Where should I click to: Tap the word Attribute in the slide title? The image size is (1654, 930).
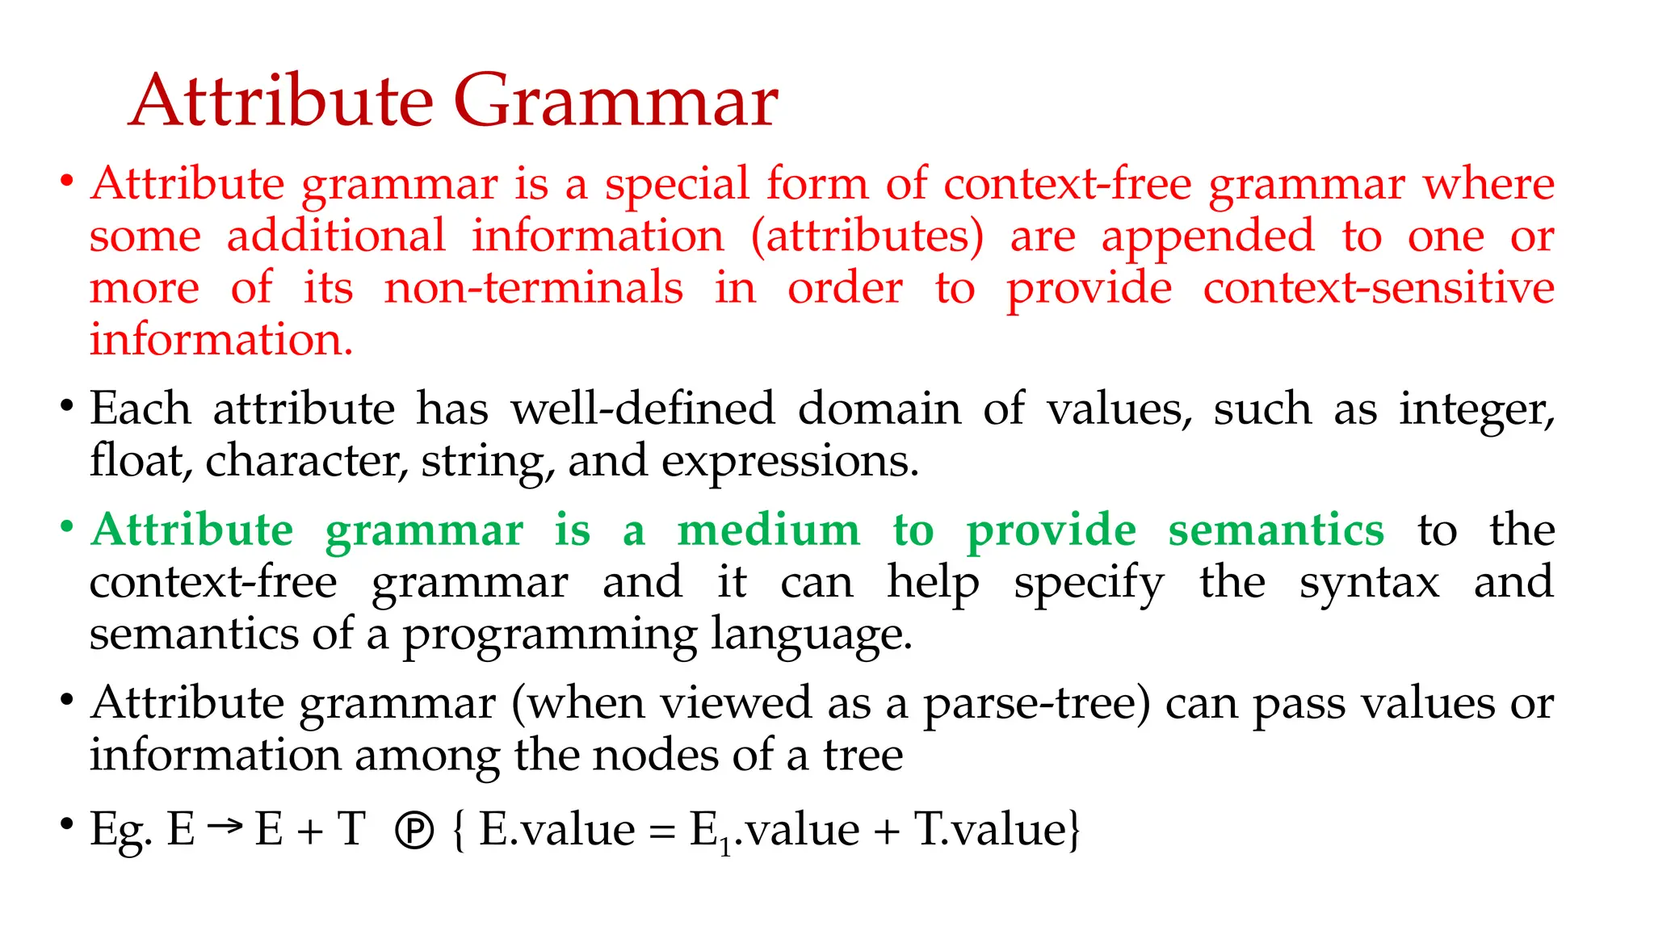(x=281, y=102)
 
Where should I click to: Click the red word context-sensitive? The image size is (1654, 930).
(x=1379, y=288)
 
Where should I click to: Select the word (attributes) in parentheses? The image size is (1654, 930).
(x=867, y=237)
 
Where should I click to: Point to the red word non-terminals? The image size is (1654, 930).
(x=533, y=288)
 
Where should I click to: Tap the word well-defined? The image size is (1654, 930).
(x=643, y=408)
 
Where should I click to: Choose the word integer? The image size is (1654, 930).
(x=1476, y=410)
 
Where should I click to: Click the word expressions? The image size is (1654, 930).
(x=790, y=462)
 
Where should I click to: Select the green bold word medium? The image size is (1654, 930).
(x=769, y=531)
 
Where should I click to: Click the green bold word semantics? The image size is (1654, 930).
(x=1276, y=531)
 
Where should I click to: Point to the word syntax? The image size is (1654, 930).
(x=1369, y=583)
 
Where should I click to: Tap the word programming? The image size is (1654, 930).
(x=549, y=635)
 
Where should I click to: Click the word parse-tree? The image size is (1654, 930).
(x=1036, y=704)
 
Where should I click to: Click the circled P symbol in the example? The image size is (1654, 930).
(x=415, y=831)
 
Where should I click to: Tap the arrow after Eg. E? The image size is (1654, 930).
(x=225, y=826)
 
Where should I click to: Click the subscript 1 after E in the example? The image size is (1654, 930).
(x=725, y=847)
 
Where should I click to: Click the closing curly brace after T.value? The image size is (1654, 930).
(x=1074, y=831)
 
